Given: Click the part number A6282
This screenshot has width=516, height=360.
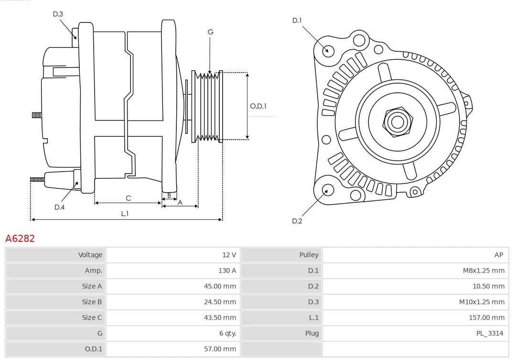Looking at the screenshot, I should pyautogui.click(x=20, y=238).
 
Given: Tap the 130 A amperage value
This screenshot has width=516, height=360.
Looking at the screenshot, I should pyautogui.click(x=227, y=271).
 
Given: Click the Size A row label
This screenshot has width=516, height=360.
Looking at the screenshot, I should pyautogui.click(x=92, y=286).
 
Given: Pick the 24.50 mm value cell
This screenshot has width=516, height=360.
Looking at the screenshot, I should pyautogui.click(x=220, y=302).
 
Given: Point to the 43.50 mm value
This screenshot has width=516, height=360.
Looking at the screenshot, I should pyautogui.click(x=220, y=317).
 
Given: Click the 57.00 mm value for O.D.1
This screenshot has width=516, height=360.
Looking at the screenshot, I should pyautogui.click(x=220, y=349).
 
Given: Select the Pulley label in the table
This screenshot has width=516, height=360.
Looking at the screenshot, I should pyautogui.click(x=309, y=255).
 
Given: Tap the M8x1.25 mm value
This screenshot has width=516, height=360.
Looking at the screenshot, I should pyautogui.click(x=484, y=271).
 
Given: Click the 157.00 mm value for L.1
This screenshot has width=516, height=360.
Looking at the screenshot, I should pyautogui.click(x=486, y=317).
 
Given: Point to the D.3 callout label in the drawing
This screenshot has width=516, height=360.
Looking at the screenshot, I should pyautogui.click(x=58, y=14).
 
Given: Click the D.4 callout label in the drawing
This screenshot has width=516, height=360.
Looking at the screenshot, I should pyautogui.click(x=59, y=207).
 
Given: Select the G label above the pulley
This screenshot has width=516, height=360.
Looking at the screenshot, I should pyautogui.click(x=210, y=32).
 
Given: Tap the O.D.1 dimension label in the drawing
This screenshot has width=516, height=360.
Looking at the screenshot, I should pyautogui.click(x=258, y=106).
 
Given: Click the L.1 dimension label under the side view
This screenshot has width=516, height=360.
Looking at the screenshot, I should pyautogui.click(x=125, y=214).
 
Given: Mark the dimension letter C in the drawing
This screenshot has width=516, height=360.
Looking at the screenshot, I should pyautogui.click(x=128, y=198).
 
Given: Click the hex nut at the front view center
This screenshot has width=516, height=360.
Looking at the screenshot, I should pyautogui.click(x=397, y=121).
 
